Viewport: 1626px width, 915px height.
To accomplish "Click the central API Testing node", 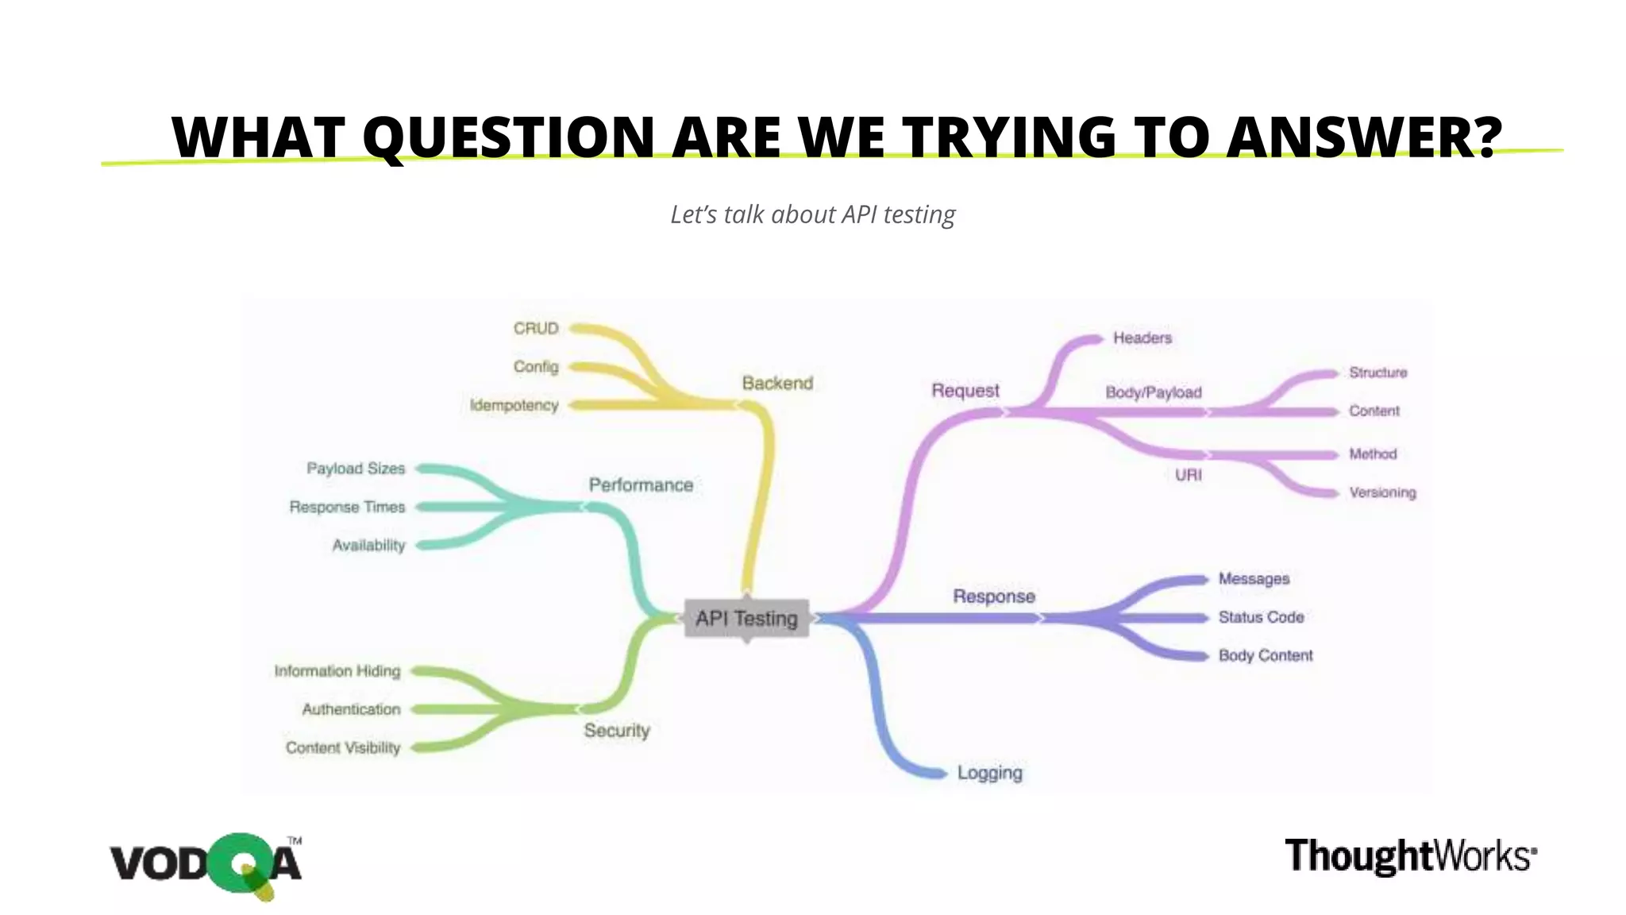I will (746, 618).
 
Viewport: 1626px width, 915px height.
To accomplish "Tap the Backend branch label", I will (777, 383).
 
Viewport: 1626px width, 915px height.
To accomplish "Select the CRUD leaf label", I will (536, 328).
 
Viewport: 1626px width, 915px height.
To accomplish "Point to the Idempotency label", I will (514, 405).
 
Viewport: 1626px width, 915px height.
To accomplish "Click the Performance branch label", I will (641, 485).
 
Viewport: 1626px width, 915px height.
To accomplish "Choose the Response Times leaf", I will (347, 507).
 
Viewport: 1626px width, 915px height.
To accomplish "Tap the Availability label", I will (368, 545).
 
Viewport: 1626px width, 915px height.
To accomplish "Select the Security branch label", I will (617, 730).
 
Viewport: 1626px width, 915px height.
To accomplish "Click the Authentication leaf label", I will (351, 709).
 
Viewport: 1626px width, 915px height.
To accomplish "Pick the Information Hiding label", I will (337, 671).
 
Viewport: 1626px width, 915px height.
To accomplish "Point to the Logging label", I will (989, 772).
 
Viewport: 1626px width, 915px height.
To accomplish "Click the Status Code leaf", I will (1261, 617).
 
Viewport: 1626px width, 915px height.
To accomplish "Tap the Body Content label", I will (1266, 655).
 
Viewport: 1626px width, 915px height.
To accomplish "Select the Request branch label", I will (965, 390).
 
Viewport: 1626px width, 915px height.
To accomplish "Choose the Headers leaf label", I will (1142, 338).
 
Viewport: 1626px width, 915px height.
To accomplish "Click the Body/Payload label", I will (1153, 392).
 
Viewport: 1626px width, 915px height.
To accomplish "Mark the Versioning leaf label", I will (1382, 492).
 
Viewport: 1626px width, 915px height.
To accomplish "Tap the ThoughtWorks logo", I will (1410, 856).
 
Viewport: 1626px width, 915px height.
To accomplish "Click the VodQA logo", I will (206, 864).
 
